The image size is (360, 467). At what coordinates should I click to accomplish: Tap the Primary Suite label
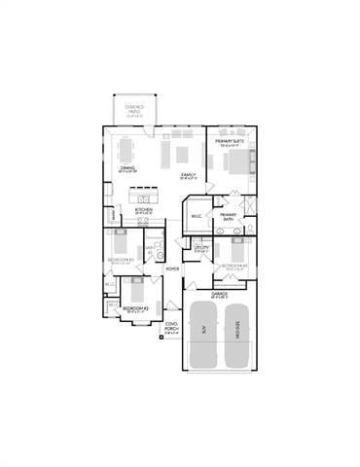230,142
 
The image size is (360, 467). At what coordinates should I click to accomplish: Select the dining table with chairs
128,152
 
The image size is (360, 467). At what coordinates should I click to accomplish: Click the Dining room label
127,169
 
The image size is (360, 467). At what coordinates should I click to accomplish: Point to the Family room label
189,176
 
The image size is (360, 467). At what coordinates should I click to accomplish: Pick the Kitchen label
143,209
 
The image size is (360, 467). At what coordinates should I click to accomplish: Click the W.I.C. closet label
197,216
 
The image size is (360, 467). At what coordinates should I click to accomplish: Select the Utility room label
201,249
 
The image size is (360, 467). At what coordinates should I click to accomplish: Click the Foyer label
172,269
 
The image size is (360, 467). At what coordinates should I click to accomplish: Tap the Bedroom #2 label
135,308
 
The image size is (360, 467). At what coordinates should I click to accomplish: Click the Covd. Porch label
171,326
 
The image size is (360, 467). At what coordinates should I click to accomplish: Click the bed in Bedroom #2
135,288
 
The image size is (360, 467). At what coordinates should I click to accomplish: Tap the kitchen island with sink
143,220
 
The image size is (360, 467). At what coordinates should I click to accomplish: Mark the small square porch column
162,340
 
